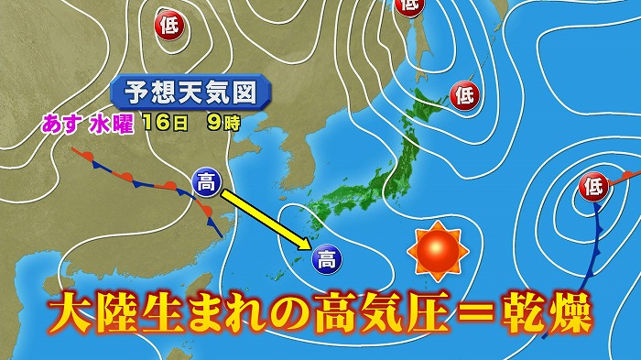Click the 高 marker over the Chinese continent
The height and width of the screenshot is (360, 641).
[206, 183]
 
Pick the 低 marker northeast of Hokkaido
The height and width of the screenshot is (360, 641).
[464, 93]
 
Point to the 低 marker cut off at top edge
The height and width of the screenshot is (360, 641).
[408, 5]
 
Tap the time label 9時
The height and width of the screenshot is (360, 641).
[220, 123]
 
